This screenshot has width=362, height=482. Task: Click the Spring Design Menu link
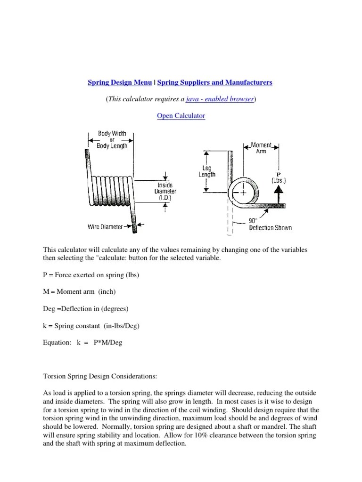120,82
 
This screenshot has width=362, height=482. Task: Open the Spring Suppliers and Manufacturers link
215,82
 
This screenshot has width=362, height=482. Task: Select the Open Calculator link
181,116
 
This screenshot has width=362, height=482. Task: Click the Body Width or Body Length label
112,140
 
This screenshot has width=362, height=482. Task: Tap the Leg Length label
206,171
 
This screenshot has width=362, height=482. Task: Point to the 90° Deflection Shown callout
270,225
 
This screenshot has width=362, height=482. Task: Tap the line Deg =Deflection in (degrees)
86,309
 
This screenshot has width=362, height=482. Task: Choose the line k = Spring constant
91,326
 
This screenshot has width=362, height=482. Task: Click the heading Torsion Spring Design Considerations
106,377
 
